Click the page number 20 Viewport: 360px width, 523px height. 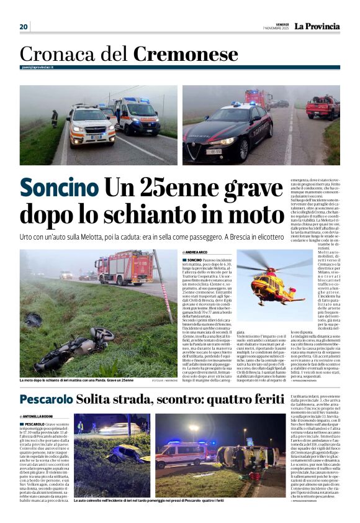(24, 27)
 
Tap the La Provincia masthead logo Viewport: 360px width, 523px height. (317, 27)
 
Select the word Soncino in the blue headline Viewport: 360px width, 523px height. (58, 188)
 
